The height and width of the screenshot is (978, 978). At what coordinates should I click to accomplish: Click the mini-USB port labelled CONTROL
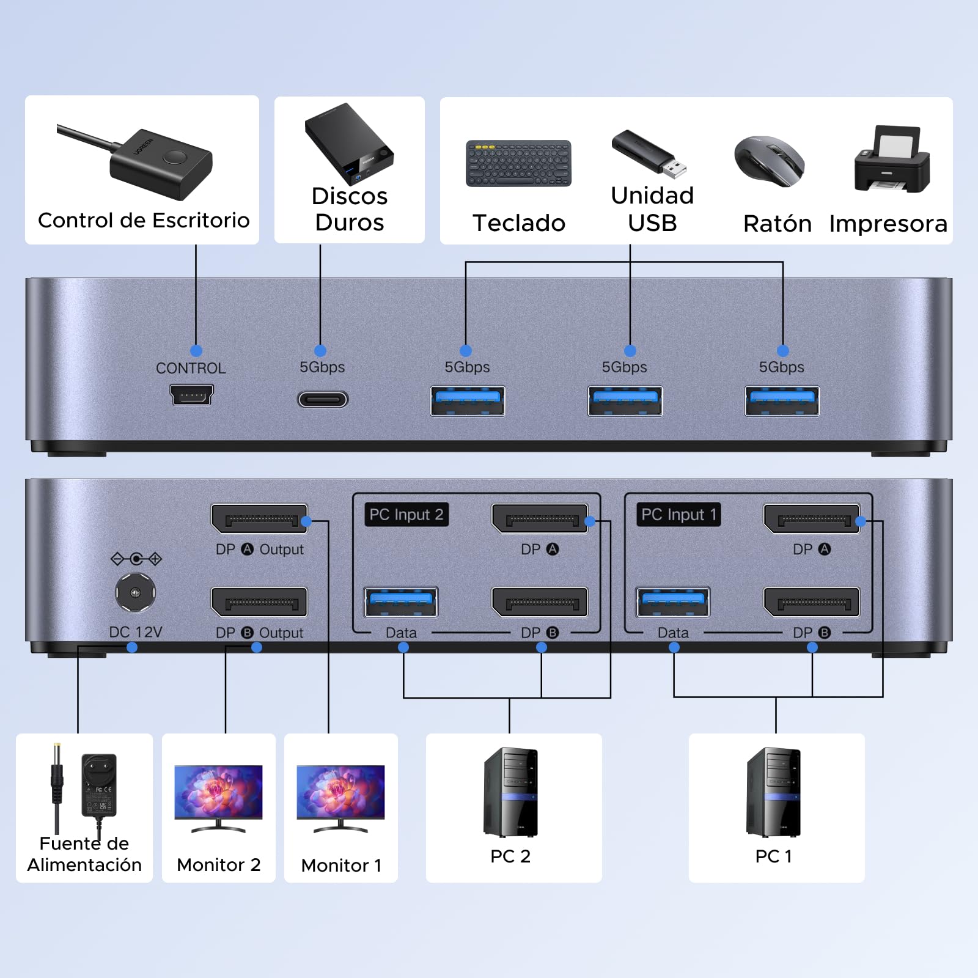(x=192, y=395)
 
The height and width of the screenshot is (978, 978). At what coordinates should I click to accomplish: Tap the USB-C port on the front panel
(x=323, y=400)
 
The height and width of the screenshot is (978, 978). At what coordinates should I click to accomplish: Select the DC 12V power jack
(x=135, y=592)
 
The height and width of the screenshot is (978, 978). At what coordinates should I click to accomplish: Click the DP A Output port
(x=259, y=519)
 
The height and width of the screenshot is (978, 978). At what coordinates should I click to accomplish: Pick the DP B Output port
(x=259, y=603)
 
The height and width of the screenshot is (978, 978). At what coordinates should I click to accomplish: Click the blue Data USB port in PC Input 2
(x=401, y=602)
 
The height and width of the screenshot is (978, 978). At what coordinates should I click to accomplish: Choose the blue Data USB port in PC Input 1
(x=673, y=602)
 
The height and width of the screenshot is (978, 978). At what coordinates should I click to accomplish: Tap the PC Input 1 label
(x=678, y=515)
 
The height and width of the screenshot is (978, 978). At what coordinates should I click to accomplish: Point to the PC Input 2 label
(x=406, y=515)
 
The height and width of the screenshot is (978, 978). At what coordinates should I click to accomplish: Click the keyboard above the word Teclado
(x=518, y=164)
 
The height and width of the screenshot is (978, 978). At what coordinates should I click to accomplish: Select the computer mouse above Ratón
(x=770, y=161)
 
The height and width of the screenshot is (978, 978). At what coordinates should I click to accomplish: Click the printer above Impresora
(x=892, y=160)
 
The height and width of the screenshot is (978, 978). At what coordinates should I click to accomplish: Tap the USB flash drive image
(x=649, y=153)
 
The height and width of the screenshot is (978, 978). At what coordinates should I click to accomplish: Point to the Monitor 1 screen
(x=340, y=792)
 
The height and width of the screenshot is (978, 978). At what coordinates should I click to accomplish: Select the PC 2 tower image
(x=510, y=792)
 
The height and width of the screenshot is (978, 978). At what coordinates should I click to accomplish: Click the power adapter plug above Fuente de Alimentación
(x=99, y=785)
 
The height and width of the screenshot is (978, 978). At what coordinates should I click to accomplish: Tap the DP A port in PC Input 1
(x=812, y=519)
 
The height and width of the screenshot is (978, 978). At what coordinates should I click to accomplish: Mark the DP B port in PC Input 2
(x=540, y=603)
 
